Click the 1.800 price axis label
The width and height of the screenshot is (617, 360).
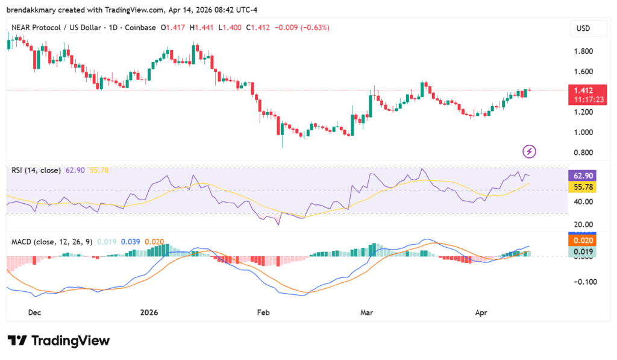pyautogui.click(x=583, y=51)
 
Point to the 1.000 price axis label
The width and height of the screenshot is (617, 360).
pyautogui.click(x=583, y=132)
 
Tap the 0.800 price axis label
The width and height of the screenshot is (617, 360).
pyautogui.click(x=583, y=153)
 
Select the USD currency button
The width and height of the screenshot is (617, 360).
pyautogui.click(x=582, y=28)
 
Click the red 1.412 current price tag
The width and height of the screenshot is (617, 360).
pyautogui.click(x=581, y=90)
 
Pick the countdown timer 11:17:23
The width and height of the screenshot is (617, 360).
pyautogui.click(x=581, y=99)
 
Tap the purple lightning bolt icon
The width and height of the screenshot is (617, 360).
pyautogui.click(x=529, y=151)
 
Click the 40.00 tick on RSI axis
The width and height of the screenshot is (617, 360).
pyautogui.click(x=583, y=201)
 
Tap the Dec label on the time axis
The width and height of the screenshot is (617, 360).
pyautogui.click(x=34, y=312)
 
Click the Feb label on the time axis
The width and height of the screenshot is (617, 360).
pyautogui.click(x=263, y=312)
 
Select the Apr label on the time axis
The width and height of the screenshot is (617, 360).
pyautogui.click(x=480, y=312)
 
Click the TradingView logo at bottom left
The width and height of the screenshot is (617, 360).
pyautogui.click(x=58, y=341)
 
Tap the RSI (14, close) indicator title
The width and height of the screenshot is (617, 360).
pyautogui.click(x=36, y=171)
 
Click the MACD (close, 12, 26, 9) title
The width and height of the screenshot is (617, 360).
pyautogui.click(x=52, y=242)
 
